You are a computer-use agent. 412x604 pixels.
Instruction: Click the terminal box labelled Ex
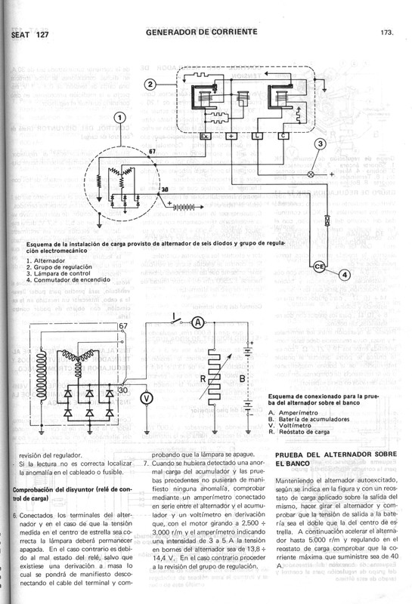[206, 136]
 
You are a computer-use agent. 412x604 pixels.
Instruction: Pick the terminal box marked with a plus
[231, 136]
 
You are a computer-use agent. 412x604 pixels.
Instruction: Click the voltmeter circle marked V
[148, 375]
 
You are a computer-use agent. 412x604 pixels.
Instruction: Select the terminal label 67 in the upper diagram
[152, 152]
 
